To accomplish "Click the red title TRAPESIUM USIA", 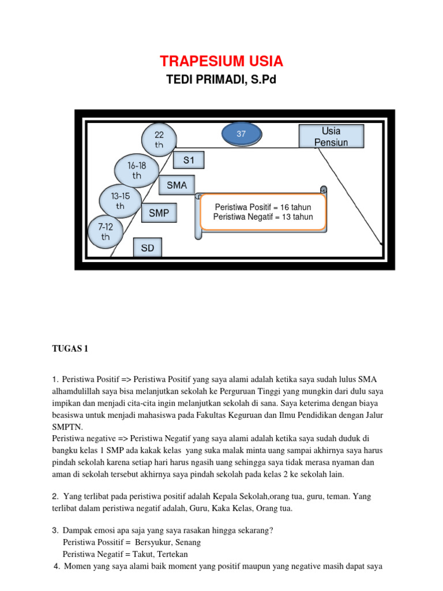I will click(221, 61).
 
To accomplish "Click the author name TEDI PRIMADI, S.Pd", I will click(221, 80).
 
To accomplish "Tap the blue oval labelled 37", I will click(242, 134).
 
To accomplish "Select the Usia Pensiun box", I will click(331, 137).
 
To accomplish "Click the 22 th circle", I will click(159, 139).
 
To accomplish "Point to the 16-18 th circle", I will click(137, 170).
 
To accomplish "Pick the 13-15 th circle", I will click(120, 200).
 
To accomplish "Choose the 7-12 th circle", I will click(106, 232).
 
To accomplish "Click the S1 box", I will click(189, 160).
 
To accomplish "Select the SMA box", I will click(177, 185).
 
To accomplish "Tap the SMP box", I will click(159, 213).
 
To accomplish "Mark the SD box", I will click(148, 249).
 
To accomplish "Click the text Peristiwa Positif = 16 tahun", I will click(262, 207).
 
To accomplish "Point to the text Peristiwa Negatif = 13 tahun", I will click(262, 217).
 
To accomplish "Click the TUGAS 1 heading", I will click(70, 348).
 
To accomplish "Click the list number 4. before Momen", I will click(57, 566).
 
